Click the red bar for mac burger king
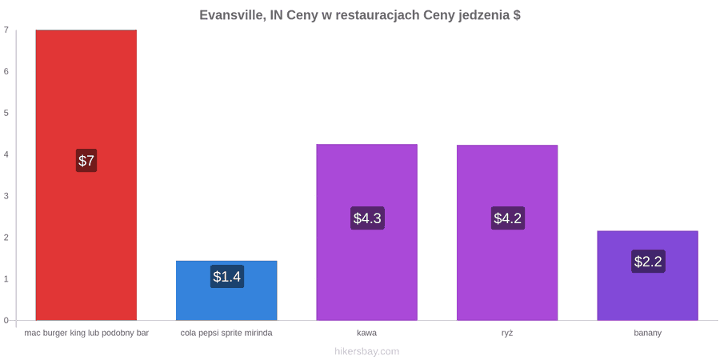tap(86, 175)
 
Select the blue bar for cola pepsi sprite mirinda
tap(226, 290)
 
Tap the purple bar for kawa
tap(367, 232)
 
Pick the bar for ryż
tap(507, 232)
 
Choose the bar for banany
tap(647, 275)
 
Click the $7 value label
tap(86, 161)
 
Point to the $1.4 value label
tap(227, 277)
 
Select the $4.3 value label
tap(367, 218)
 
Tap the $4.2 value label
tap(507, 218)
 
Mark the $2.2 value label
tap(648, 262)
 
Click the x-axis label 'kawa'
tap(367, 333)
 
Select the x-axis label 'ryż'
tap(507, 333)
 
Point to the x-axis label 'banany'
tap(647, 333)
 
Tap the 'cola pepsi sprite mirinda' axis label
tap(226, 333)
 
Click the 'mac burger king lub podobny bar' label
tap(86, 333)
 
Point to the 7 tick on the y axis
tap(6, 30)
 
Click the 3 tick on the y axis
tap(6, 196)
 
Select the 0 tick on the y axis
tap(6, 320)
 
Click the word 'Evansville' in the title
tap(231, 15)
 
